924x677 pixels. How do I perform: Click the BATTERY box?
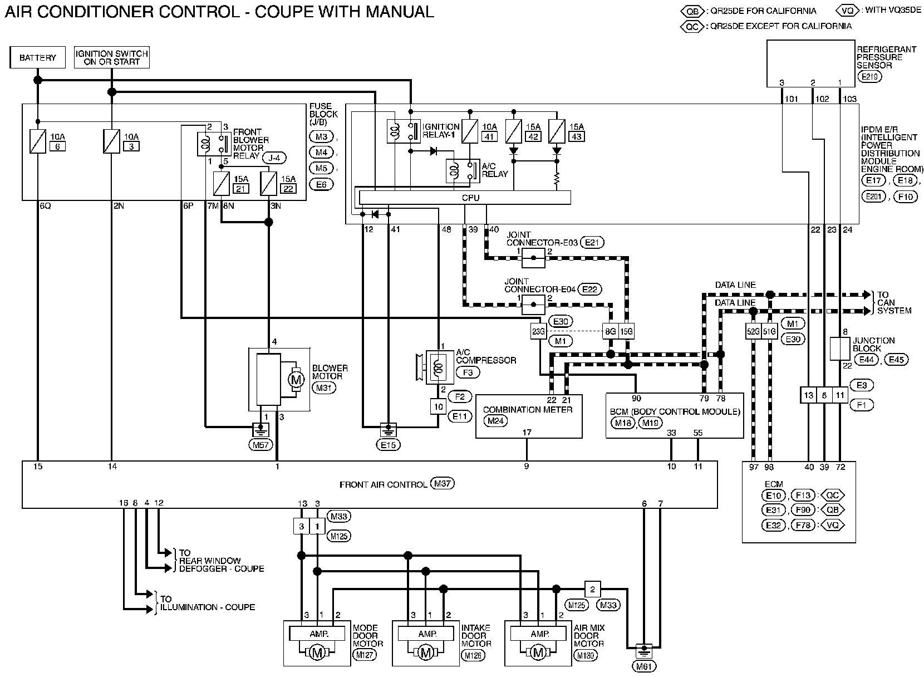point(37,57)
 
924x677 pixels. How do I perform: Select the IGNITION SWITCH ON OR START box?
point(112,57)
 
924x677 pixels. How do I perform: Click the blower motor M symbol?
point(296,380)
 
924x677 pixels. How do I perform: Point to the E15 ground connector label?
point(388,445)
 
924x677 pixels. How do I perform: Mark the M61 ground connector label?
point(644,666)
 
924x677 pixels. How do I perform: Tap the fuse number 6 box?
point(56,146)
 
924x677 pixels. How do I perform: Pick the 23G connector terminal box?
point(538,332)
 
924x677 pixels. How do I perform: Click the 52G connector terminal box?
point(753,332)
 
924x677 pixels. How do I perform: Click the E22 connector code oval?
point(590,290)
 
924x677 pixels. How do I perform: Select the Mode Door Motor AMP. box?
point(319,634)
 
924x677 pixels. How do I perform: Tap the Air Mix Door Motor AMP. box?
point(540,634)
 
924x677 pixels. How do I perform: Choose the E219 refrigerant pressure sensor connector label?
point(870,77)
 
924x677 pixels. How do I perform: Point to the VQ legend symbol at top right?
point(848,11)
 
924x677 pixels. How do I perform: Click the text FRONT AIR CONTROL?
point(383,484)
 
